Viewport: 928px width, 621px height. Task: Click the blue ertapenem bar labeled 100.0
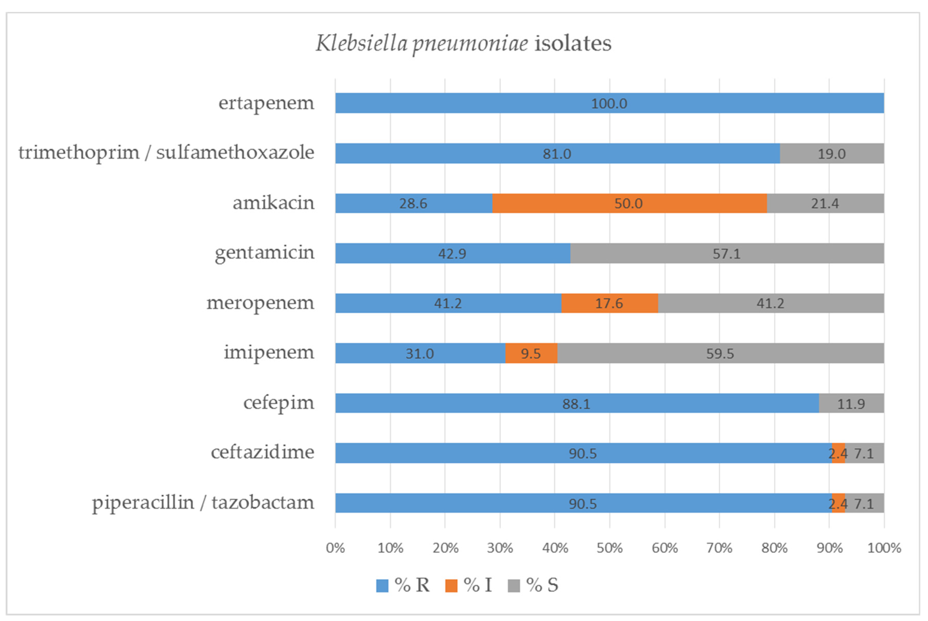[609, 103]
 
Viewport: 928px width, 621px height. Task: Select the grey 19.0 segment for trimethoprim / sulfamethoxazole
[832, 153]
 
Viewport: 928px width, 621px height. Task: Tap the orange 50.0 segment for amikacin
[629, 203]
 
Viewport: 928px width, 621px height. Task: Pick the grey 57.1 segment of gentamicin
[726, 253]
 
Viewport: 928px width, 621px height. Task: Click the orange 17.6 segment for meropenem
[609, 303]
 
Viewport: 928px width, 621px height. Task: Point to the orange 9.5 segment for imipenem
[531, 353]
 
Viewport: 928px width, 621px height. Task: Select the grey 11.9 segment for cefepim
[851, 404]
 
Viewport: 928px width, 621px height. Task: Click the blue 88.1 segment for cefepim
[576, 404]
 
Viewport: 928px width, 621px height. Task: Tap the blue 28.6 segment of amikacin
[413, 203]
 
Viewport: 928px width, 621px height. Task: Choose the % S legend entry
[533, 585]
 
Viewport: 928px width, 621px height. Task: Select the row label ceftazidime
[262, 452]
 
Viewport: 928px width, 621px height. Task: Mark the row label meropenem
[260, 303]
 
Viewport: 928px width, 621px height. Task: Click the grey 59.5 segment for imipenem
[720, 353]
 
